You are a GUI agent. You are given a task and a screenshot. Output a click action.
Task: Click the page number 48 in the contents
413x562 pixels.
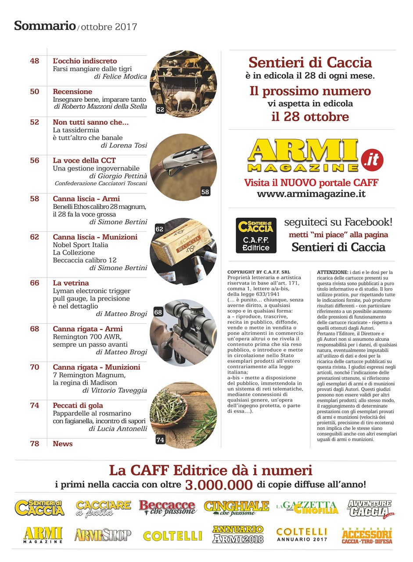(35, 61)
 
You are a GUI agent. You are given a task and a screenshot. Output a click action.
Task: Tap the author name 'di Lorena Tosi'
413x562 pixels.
(124, 145)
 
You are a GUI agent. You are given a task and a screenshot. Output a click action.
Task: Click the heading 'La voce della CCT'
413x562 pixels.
(84, 160)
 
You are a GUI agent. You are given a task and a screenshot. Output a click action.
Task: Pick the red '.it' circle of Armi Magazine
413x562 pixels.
(372, 158)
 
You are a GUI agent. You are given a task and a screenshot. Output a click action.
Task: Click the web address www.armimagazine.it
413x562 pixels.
(311, 194)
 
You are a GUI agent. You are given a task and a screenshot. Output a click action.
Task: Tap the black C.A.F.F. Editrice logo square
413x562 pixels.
(256, 235)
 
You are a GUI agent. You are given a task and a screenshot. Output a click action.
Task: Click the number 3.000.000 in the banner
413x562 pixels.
(219, 485)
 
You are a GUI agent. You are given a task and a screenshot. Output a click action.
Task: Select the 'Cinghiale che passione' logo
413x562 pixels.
(237, 508)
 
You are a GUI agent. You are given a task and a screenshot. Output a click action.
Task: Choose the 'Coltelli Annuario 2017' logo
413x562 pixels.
(302, 534)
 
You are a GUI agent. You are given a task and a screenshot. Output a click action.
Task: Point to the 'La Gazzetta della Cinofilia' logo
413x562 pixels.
(307, 508)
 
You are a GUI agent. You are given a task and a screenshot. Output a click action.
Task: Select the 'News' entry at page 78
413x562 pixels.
(63, 443)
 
